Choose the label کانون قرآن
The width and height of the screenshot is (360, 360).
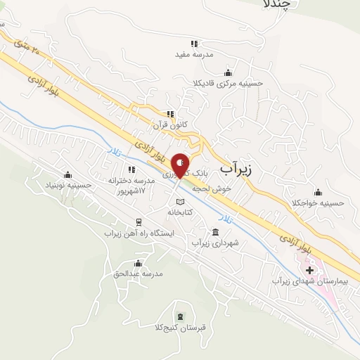point(171,124)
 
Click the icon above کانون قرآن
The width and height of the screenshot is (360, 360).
point(169,114)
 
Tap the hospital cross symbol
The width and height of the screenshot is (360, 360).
point(309,270)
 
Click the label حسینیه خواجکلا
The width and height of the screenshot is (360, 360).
point(319,203)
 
